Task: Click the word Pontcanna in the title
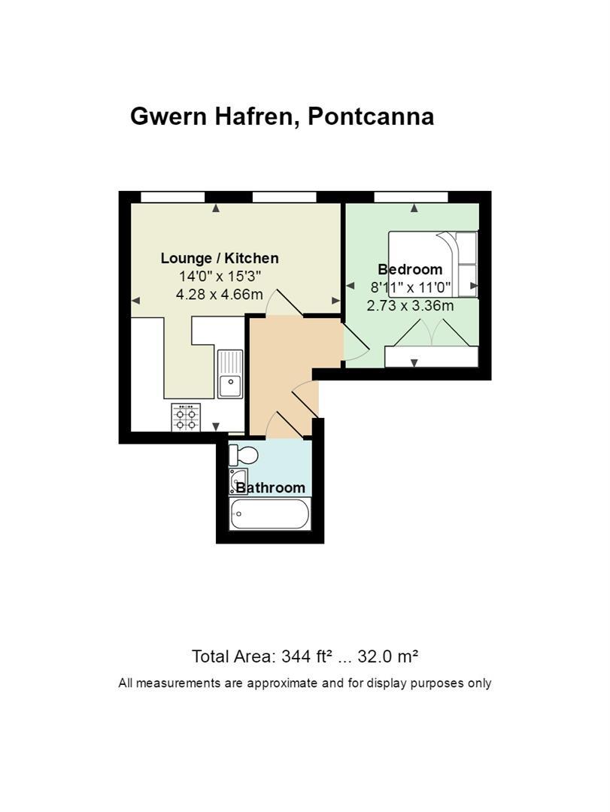point(371,117)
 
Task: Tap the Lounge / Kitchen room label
point(220,258)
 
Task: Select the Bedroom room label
point(410,269)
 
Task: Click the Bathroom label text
point(270,488)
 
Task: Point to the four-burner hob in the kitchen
point(187,417)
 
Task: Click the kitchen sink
point(230,374)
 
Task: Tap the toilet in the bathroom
point(243,455)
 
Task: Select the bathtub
point(269,514)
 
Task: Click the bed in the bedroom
point(432,264)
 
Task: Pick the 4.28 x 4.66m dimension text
point(220,295)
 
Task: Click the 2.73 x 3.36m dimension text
point(410,305)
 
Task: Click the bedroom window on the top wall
point(411,197)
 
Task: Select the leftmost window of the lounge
point(173,197)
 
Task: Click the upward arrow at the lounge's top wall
point(216,208)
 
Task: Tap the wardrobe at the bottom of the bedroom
point(431,357)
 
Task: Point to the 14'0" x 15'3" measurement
point(220,275)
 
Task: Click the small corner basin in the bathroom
point(238,480)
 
